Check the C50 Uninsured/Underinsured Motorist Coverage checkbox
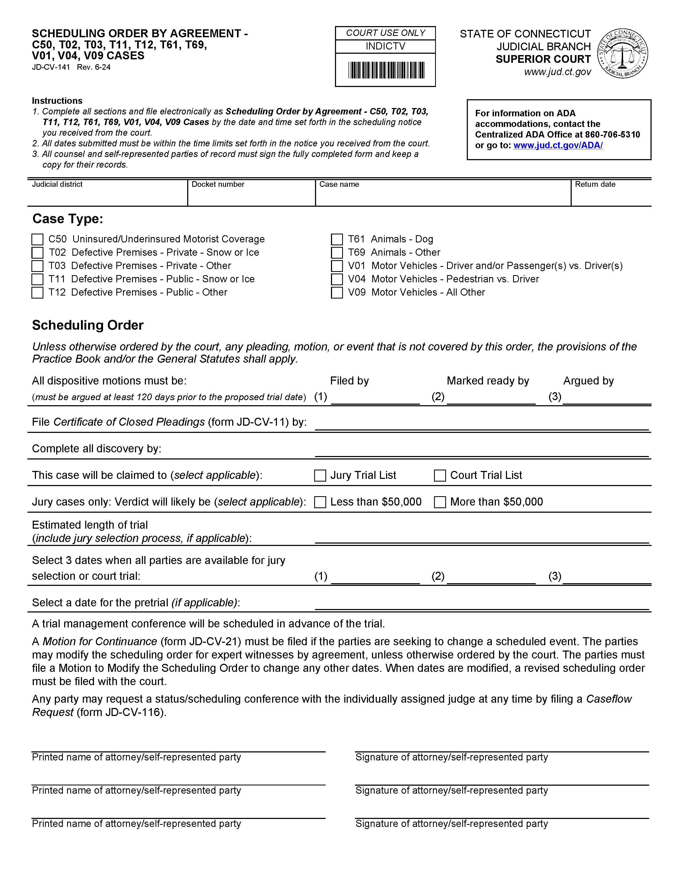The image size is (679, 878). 37,240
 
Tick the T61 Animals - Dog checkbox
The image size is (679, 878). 337,240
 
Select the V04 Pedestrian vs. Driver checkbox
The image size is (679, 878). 337,279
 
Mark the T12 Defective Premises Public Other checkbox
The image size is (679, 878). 37,293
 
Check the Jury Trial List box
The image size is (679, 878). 320,476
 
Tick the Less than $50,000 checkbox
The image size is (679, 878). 320,502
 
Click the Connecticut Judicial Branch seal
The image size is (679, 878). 622,53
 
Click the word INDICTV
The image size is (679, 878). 385,47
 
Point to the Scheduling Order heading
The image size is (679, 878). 88,325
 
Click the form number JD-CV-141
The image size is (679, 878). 51,67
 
